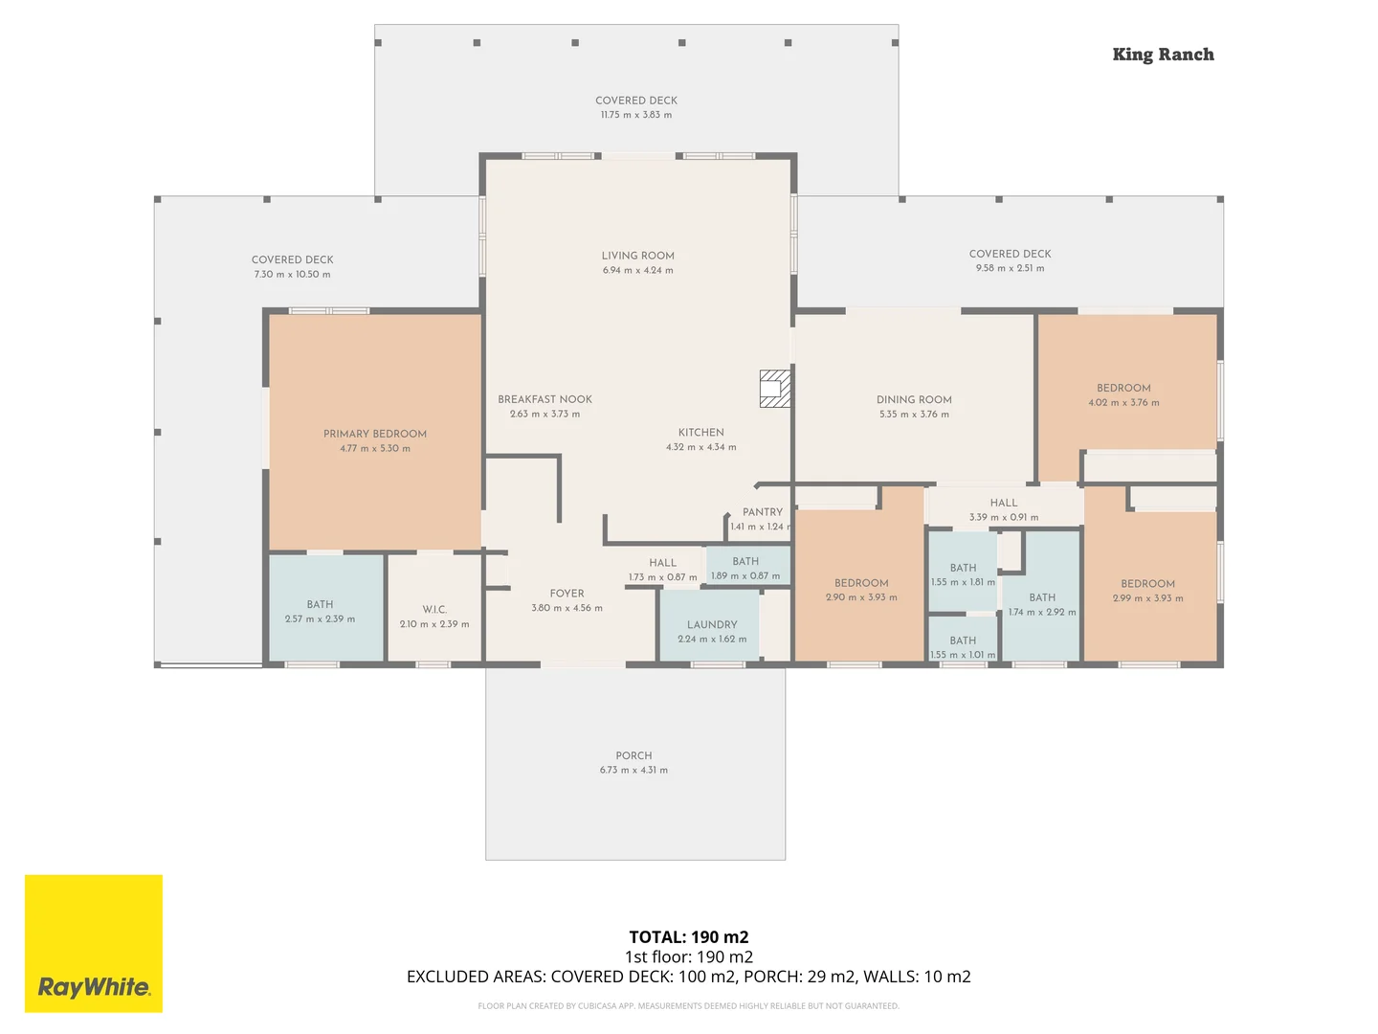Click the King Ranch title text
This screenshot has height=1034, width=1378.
click(x=1163, y=55)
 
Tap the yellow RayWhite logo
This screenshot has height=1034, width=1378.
click(x=94, y=943)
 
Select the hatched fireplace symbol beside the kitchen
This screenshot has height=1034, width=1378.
click(x=775, y=389)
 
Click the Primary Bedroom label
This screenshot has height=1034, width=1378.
click(x=375, y=434)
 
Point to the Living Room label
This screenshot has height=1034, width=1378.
click(x=638, y=256)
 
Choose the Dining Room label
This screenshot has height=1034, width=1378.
click(x=914, y=399)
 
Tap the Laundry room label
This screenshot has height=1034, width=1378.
click(x=712, y=624)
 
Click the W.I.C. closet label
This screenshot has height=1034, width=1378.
click(x=434, y=609)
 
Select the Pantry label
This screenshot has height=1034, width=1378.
click(x=763, y=512)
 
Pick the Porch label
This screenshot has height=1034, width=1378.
click(x=633, y=755)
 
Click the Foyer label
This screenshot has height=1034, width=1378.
click(x=567, y=594)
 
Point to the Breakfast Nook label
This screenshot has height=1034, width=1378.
click(x=545, y=399)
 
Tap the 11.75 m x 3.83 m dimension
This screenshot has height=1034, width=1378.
click(x=636, y=115)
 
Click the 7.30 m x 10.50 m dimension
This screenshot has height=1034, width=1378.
click(x=292, y=275)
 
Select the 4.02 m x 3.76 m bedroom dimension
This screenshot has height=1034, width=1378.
click(x=1123, y=403)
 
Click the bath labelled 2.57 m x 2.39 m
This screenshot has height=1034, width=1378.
click(x=320, y=612)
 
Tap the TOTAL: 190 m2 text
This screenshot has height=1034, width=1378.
click(x=689, y=937)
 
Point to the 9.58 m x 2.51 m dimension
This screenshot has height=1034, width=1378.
click(x=1010, y=269)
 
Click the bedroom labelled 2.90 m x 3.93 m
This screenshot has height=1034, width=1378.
click(x=861, y=590)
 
